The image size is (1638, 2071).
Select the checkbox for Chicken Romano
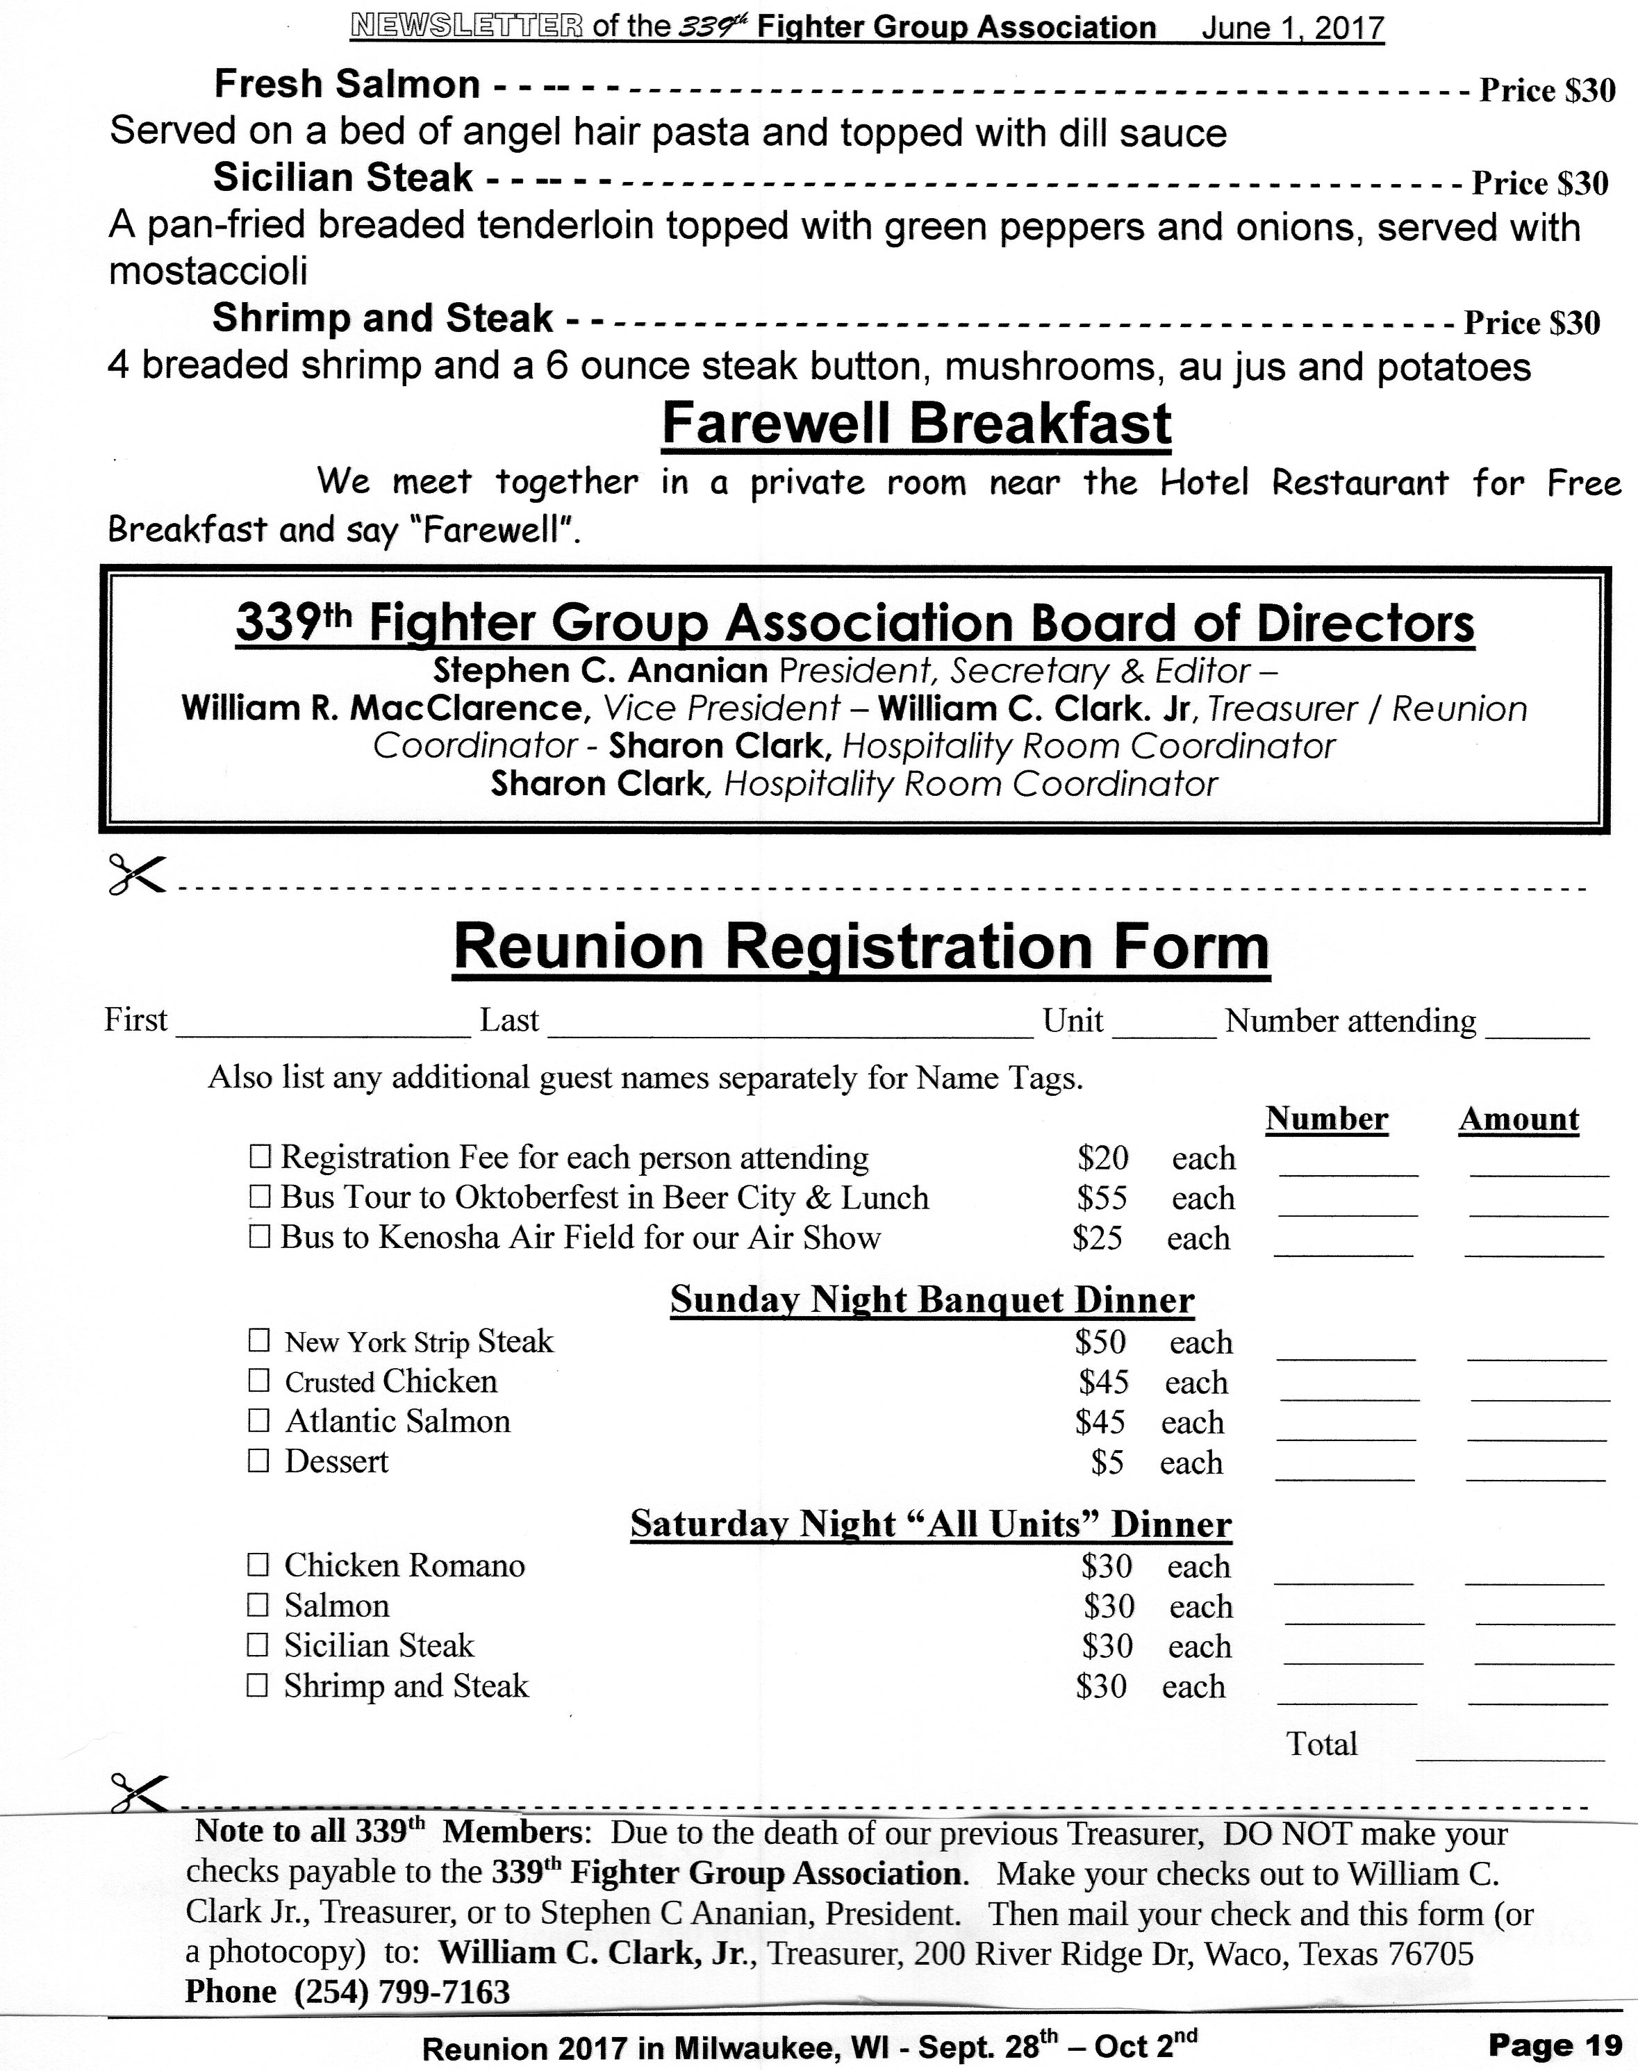click(x=258, y=1565)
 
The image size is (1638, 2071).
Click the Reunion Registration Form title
click(x=861, y=947)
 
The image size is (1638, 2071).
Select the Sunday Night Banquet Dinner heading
click(x=932, y=1299)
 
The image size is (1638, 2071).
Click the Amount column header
click(x=1519, y=1119)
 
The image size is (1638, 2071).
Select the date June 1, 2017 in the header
click(x=1292, y=28)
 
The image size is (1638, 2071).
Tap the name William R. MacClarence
click(x=381, y=708)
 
